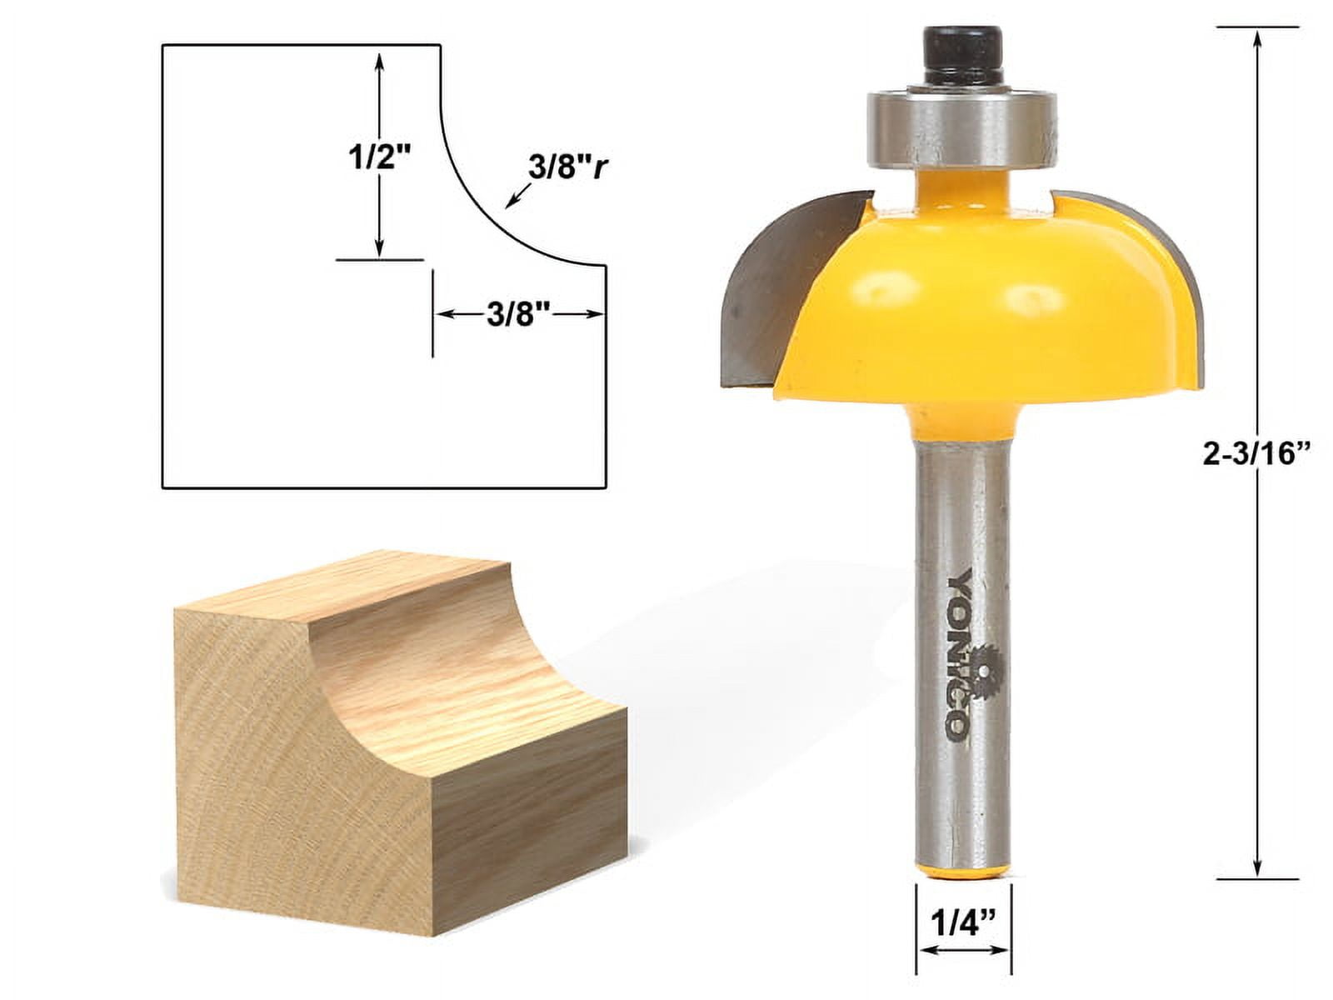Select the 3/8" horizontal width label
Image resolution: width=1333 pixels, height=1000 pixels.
tap(517, 314)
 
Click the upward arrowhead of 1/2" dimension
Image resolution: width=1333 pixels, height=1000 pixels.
tap(379, 60)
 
